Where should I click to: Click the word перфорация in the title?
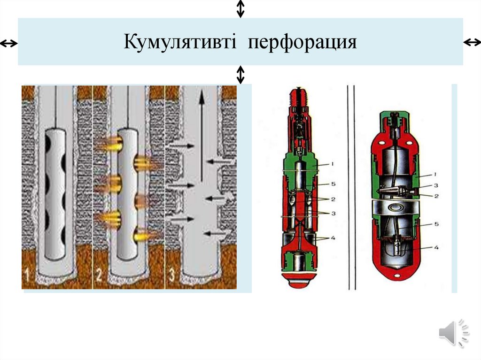303,42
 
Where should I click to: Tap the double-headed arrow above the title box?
240,8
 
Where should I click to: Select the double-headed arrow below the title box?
240,74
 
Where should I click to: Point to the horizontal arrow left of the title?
8,44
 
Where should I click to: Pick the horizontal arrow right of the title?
472,43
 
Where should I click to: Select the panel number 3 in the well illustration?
172,275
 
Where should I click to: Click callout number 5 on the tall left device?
332,183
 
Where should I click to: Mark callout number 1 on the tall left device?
332,164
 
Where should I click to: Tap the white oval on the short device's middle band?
394,207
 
